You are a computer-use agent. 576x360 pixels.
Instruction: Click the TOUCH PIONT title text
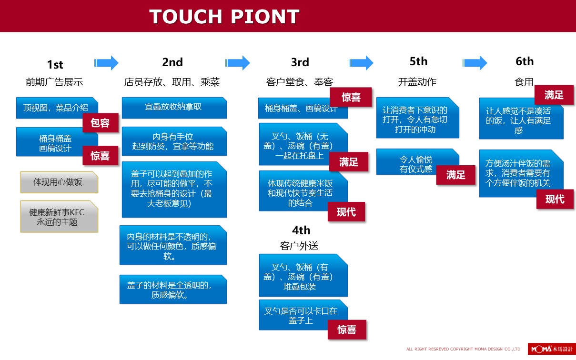pos(224,17)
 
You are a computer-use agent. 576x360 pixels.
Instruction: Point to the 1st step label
pos(55,64)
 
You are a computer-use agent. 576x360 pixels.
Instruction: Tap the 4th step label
pos(301,230)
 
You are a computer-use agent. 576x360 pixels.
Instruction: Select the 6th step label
pos(525,61)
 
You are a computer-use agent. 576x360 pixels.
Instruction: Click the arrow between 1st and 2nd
pos(106,63)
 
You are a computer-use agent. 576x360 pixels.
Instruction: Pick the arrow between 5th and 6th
pos(475,63)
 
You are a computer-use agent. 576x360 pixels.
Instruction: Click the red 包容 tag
pos(100,123)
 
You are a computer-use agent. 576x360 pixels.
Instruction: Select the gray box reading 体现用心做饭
pos(59,182)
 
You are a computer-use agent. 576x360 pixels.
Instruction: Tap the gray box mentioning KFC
pos(59,217)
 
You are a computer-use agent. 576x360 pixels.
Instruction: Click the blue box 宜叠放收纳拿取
pos(174,108)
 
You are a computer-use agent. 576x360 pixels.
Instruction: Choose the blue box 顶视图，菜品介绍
pos(57,108)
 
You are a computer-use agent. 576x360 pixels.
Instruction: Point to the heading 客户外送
pos(299,246)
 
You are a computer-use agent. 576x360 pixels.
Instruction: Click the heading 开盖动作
pos(417,82)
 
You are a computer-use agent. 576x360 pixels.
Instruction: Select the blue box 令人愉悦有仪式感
pos(417,162)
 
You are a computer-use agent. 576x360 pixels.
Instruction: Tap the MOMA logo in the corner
pos(552,349)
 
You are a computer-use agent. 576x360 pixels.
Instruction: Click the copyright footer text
pos(463,349)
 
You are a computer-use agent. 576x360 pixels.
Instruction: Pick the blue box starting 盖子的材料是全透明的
pos(173,290)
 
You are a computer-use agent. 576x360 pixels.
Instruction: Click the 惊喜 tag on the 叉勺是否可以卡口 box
pos(347,330)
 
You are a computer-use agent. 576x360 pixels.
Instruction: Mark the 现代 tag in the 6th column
pos(555,199)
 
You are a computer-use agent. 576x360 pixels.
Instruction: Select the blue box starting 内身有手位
pos(174,141)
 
